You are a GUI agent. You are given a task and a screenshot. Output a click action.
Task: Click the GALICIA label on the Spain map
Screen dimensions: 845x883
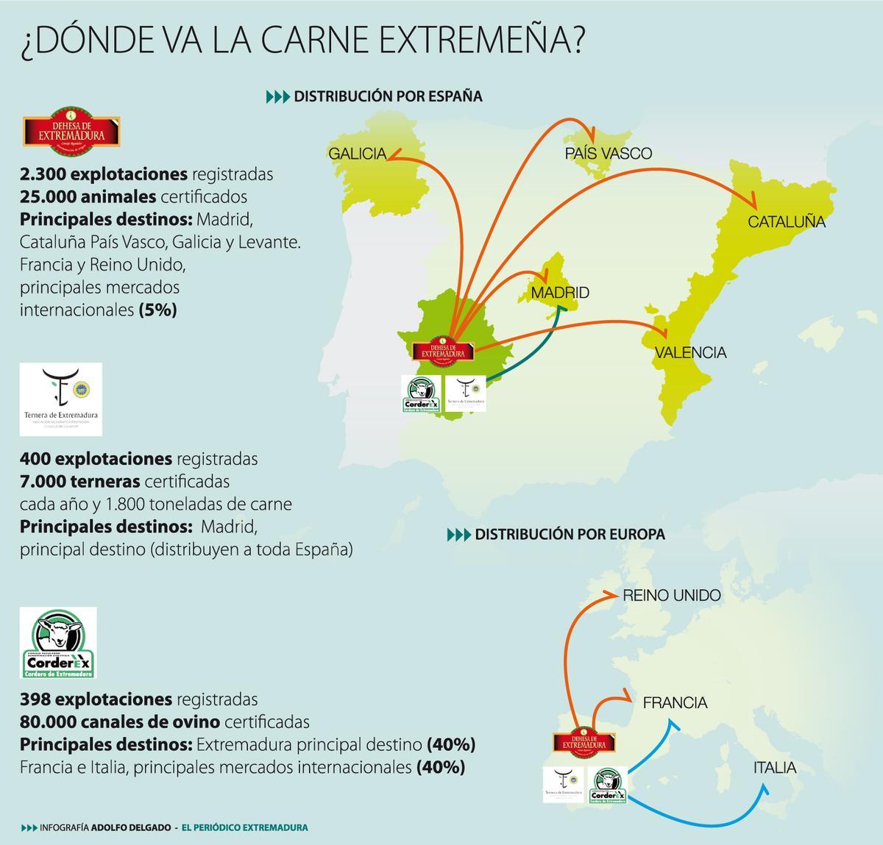tap(357, 154)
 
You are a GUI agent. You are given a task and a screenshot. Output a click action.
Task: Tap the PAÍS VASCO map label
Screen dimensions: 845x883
tap(608, 154)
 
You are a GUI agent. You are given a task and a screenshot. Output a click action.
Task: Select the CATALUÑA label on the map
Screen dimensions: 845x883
tap(787, 221)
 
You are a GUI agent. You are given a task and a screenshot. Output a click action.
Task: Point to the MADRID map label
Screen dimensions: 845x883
tap(560, 293)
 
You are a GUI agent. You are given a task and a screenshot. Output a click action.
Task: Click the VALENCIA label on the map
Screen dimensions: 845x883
tap(690, 352)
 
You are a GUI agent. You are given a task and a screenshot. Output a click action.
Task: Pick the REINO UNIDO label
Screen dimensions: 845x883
tap(672, 596)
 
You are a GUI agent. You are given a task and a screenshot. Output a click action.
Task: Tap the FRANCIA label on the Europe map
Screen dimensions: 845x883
tap(675, 703)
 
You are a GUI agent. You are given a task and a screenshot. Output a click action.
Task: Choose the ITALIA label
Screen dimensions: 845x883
tap(774, 768)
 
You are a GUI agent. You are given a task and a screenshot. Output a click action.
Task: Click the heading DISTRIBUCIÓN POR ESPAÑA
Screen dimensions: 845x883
tap(388, 96)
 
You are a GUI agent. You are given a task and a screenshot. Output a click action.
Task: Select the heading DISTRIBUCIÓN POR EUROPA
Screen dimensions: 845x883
tap(570, 535)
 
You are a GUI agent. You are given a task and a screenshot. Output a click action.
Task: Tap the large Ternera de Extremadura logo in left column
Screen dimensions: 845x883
tap(61, 399)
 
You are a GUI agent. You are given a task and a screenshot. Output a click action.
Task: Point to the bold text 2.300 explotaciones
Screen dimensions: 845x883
tap(104, 174)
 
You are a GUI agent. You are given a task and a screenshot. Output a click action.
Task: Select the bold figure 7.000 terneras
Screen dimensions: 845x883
tap(80, 482)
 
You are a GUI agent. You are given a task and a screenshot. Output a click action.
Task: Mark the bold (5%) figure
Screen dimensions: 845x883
tap(157, 310)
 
